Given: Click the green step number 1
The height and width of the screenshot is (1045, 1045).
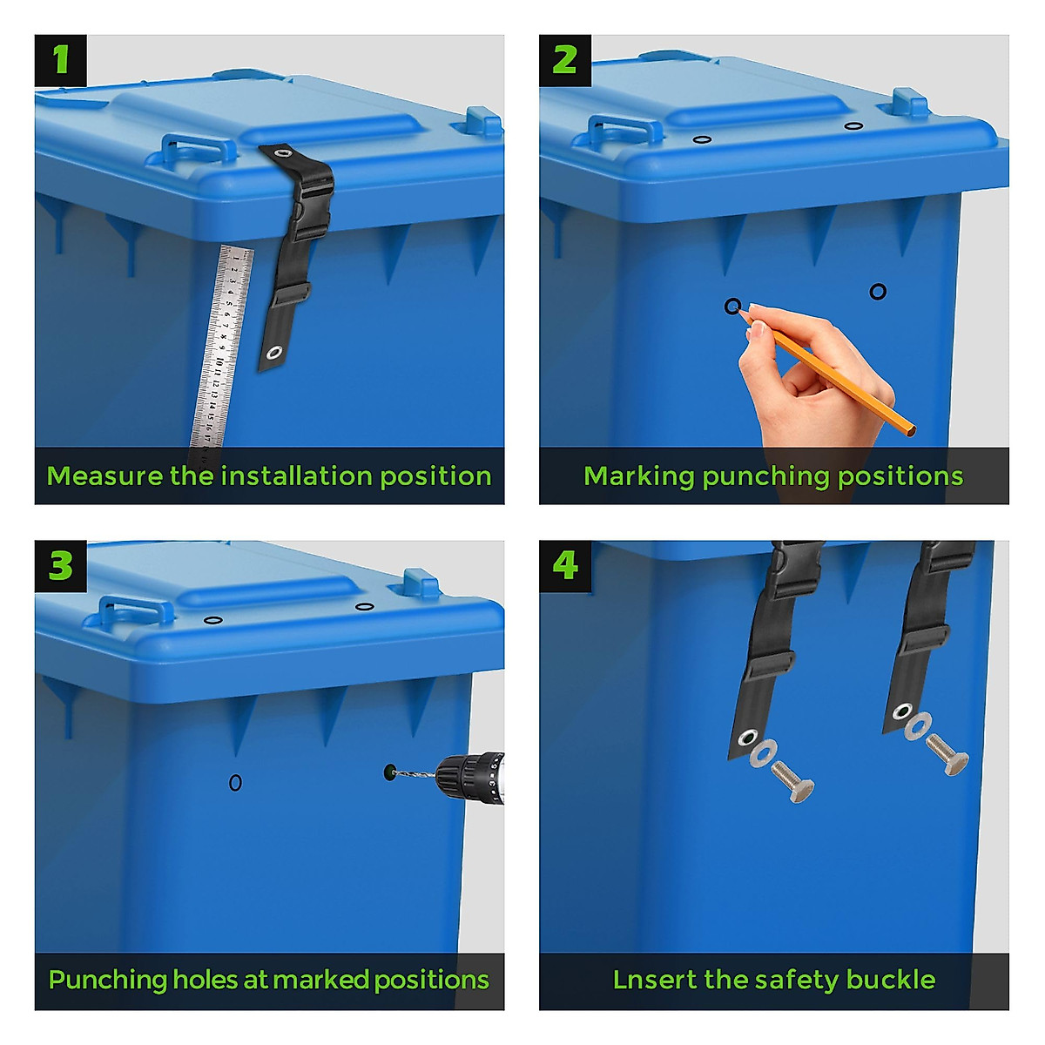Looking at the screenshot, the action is [61, 59].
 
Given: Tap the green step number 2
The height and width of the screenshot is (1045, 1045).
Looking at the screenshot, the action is [564, 60].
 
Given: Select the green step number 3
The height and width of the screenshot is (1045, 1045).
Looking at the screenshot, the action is [61, 566].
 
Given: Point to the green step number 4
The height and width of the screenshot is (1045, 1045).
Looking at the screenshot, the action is [565, 566].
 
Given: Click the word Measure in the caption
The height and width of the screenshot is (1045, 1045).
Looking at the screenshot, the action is [104, 476].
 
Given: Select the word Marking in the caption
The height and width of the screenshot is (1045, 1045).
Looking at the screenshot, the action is [638, 477].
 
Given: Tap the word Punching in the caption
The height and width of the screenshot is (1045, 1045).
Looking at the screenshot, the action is [107, 981].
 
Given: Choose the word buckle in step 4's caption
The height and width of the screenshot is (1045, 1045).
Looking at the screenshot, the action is [891, 980].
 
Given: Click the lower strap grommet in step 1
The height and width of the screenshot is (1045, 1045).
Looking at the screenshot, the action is [273, 353].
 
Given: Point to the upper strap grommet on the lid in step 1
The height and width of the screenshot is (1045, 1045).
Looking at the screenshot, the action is [282, 153].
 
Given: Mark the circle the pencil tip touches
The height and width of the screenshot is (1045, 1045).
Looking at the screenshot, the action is [732, 307].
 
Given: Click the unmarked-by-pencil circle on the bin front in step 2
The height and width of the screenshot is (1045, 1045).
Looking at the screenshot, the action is [878, 292].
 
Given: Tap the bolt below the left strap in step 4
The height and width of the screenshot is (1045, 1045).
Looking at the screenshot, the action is [792, 781].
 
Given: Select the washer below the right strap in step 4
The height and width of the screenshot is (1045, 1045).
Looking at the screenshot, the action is [918, 726].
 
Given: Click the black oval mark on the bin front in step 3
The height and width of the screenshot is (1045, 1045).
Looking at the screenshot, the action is [235, 783].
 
